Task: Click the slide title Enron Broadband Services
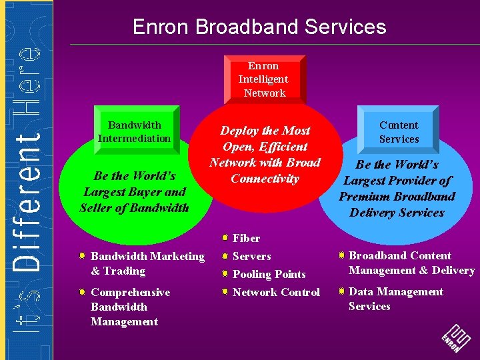point(259,27)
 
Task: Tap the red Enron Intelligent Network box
point(263,79)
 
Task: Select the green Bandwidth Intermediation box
point(134,131)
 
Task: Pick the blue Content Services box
point(399,131)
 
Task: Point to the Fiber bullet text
point(246,238)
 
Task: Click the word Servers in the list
point(251,256)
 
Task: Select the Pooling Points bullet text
point(269,274)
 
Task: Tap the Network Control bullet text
point(276,292)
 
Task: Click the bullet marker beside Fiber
point(226,237)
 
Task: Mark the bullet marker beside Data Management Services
point(341,291)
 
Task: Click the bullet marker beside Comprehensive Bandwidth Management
point(81,292)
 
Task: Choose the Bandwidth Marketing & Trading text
point(147,263)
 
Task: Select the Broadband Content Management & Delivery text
point(411,263)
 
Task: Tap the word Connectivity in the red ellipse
point(265,179)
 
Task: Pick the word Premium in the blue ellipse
point(367,197)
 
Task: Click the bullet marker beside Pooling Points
point(226,274)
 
